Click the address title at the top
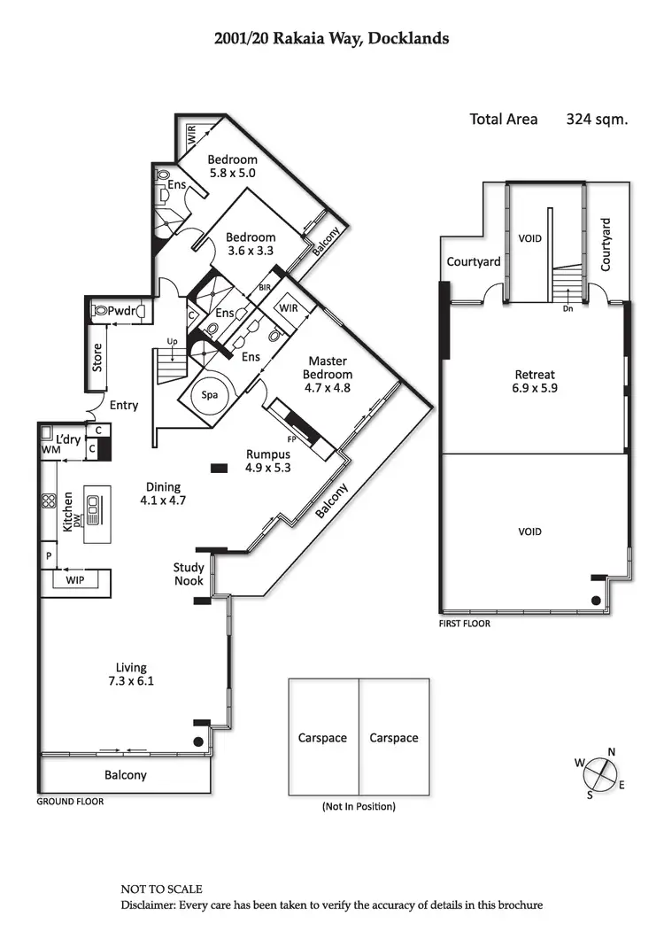click(331, 38)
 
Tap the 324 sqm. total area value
click(597, 119)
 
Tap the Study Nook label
click(189, 574)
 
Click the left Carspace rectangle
click(323, 737)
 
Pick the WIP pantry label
click(73, 580)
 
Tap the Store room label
click(97, 358)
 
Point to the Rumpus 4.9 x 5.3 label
click(268, 461)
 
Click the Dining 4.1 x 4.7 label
click(159, 493)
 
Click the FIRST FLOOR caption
click(464, 624)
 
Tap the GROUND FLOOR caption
click(70, 801)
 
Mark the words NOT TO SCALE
click(161, 889)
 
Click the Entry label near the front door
click(124, 405)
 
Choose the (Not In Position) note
click(358, 807)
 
